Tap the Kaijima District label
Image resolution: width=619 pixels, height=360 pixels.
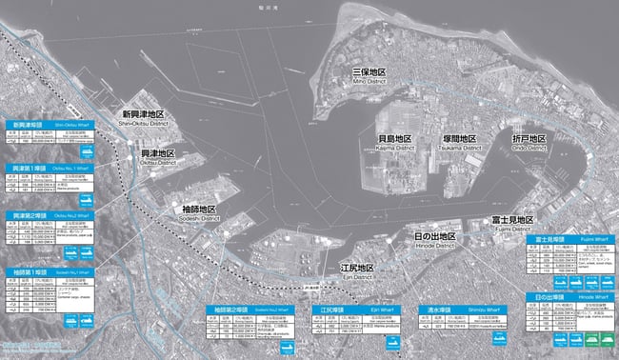pyautogui.click(x=390, y=143)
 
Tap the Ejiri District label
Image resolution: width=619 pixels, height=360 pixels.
pyautogui.click(x=358, y=272)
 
